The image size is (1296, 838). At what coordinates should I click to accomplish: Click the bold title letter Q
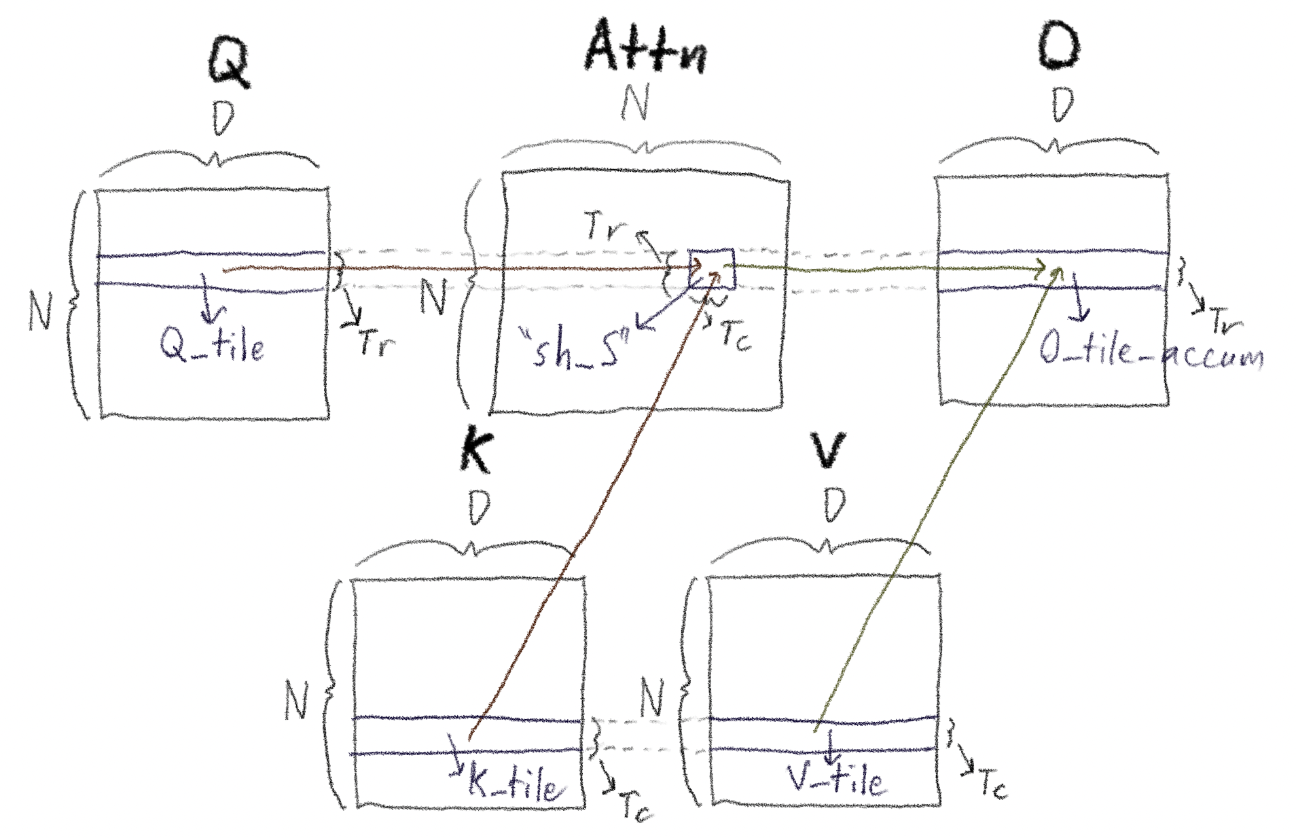pyautogui.click(x=228, y=61)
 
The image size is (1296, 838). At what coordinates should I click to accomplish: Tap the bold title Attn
pyautogui.click(x=645, y=48)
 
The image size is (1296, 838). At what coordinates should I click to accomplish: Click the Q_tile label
pyautogui.click(x=212, y=346)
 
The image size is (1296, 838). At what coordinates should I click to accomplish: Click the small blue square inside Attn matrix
pyautogui.click(x=711, y=269)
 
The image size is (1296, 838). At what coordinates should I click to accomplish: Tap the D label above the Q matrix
pyautogui.click(x=223, y=118)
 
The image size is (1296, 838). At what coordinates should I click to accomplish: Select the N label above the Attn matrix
pyautogui.click(x=635, y=103)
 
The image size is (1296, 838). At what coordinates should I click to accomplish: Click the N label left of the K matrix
pyautogui.click(x=296, y=700)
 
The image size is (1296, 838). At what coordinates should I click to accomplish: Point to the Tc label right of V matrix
pyautogui.click(x=993, y=784)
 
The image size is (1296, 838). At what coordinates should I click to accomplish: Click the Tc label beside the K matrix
pyautogui.click(x=636, y=808)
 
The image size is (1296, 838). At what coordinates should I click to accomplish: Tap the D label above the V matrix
pyautogui.click(x=835, y=506)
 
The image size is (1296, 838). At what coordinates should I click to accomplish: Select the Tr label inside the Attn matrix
pyautogui.click(x=604, y=227)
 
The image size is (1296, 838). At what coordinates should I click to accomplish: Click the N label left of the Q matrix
pyautogui.click(x=40, y=311)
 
